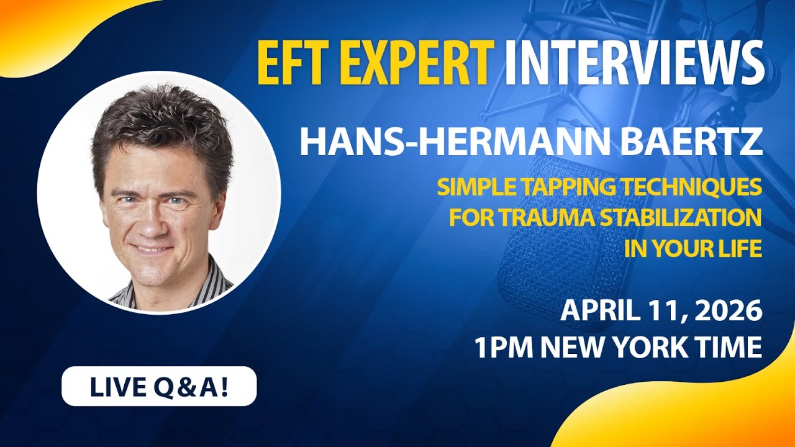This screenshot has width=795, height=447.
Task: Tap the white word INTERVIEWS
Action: coord(634,63)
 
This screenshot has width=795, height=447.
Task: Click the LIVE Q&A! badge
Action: coord(159,386)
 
